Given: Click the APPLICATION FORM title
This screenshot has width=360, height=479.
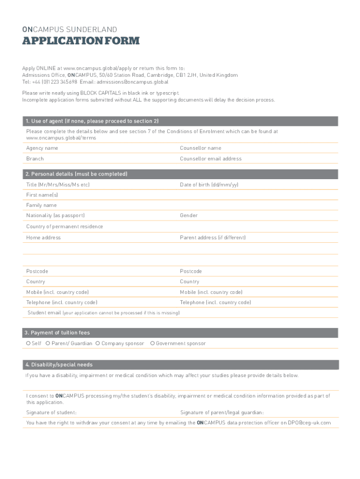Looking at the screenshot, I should [x=81, y=41].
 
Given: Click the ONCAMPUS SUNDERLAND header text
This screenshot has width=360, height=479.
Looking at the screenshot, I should [x=70, y=29].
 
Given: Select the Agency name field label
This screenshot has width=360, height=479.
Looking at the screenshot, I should [x=42, y=148].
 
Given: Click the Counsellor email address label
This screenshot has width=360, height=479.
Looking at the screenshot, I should [x=210, y=159].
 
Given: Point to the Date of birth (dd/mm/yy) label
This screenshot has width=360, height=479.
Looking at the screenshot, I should [x=209, y=185].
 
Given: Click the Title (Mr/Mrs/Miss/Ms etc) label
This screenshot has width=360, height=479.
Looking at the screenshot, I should [x=58, y=185].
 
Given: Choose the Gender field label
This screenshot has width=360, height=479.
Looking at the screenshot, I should [x=188, y=216].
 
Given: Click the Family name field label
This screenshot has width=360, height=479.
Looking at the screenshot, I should [x=41, y=205].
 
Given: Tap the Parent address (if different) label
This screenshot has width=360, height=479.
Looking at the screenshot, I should [x=212, y=238].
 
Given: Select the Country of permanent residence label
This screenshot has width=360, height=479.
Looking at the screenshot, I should [x=65, y=227].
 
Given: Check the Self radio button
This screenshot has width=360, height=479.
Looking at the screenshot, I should [x=29, y=343].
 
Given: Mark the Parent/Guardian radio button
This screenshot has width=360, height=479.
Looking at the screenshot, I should [x=48, y=343].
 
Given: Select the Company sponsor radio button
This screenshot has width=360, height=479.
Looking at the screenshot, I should [x=98, y=343].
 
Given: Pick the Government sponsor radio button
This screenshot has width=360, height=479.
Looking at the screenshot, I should [x=152, y=343].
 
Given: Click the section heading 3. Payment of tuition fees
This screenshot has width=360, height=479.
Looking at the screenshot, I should [x=57, y=333].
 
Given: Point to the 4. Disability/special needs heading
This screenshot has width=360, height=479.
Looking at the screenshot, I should [x=59, y=365].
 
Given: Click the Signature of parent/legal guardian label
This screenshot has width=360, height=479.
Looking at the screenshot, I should [x=222, y=413].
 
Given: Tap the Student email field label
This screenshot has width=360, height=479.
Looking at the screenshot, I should [x=44, y=313].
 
